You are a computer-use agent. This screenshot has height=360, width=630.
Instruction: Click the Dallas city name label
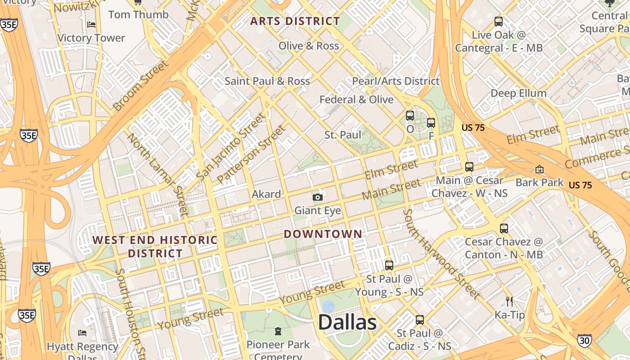(x=347, y=323)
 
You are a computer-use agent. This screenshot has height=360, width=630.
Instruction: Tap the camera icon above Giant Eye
(x=318, y=197)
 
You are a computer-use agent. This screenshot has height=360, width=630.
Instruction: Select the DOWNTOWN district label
(x=323, y=234)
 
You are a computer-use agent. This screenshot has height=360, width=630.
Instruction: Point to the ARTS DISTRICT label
(x=295, y=21)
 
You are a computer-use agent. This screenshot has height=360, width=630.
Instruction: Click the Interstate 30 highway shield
(x=584, y=341)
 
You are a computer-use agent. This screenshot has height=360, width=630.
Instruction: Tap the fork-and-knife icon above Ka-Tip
(x=509, y=301)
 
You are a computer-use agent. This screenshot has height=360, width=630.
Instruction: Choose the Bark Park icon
(x=539, y=170)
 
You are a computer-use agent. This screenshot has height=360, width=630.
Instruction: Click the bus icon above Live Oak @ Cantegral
(x=499, y=21)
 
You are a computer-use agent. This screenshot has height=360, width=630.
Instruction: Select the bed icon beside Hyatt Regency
(x=82, y=333)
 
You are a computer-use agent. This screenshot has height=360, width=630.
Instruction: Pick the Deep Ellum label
(x=518, y=93)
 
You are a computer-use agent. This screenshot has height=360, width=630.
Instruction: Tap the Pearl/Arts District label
(x=396, y=81)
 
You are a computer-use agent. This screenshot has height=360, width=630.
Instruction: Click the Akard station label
(x=266, y=194)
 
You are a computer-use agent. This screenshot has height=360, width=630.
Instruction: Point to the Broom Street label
(x=141, y=85)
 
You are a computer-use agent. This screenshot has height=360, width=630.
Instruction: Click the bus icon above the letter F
(x=431, y=122)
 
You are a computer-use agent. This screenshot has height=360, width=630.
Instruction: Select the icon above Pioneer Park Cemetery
(x=278, y=332)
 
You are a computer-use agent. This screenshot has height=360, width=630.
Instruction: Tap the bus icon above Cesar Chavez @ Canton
(x=504, y=229)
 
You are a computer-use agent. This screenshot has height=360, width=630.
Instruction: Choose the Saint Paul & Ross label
(x=267, y=81)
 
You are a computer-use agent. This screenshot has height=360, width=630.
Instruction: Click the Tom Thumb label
(x=139, y=14)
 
